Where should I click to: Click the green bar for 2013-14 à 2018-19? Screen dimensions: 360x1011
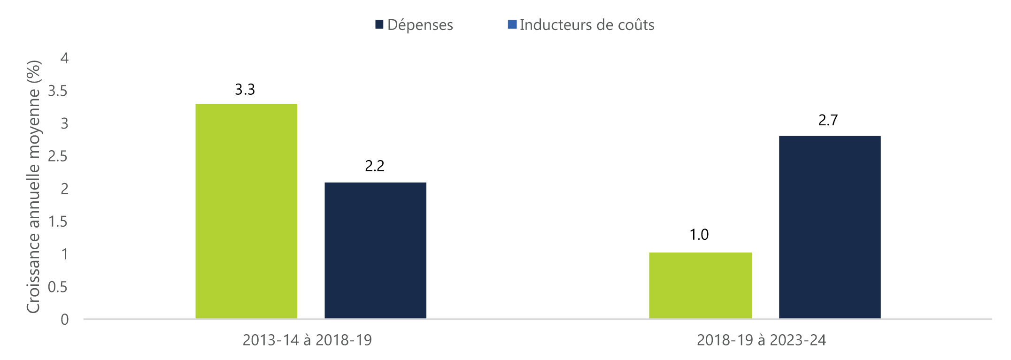[x=246, y=211]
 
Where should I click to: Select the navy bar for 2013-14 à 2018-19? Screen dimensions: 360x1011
[x=375, y=250]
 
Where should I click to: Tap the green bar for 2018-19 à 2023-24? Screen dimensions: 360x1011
[x=700, y=285]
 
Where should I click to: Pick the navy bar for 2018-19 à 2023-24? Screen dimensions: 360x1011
[x=830, y=227]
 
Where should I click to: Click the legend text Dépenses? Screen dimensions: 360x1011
[x=420, y=25]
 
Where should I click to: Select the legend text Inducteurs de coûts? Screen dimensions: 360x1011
[x=587, y=25]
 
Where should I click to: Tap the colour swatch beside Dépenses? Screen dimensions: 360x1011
[x=379, y=24]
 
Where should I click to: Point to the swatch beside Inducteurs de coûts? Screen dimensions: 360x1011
[x=512, y=24]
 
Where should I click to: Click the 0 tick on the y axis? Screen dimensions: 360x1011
[x=64, y=320]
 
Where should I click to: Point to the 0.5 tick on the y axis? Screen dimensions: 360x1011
[x=58, y=287]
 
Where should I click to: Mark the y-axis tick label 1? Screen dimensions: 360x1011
[x=64, y=254]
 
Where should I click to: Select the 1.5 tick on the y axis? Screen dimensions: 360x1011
[x=58, y=222]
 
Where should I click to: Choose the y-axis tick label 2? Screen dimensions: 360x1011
[x=64, y=189]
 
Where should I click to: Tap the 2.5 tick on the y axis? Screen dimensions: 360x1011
[x=58, y=156]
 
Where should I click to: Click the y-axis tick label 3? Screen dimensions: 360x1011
[x=64, y=124]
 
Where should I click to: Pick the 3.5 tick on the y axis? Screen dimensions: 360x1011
[x=58, y=91]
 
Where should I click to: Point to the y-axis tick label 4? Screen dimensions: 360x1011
[x=64, y=59]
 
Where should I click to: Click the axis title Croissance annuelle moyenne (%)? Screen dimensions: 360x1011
[x=34, y=187]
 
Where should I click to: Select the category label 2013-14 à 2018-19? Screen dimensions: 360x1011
[x=307, y=340]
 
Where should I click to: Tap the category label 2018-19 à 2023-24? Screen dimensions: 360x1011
[x=761, y=340]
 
